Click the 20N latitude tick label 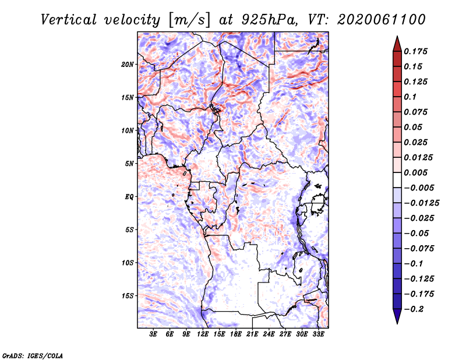[128, 65]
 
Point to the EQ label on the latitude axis [129, 197]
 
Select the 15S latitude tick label [128, 296]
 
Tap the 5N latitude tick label [129, 164]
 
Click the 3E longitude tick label [153, 334]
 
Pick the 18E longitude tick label [236, 334]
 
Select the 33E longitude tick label [318, 334]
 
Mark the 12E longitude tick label [203, 334]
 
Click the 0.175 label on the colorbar [415, 52]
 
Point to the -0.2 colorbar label [414, 309]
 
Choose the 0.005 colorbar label [415, 172]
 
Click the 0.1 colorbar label [410, 97]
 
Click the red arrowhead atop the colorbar [397, 44]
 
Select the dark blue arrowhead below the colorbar [397, 316]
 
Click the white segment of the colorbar [397, 180]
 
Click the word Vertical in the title [69, 20]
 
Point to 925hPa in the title [269, 20]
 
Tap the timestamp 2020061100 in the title [382, 20]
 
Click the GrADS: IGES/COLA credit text [33, 356]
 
